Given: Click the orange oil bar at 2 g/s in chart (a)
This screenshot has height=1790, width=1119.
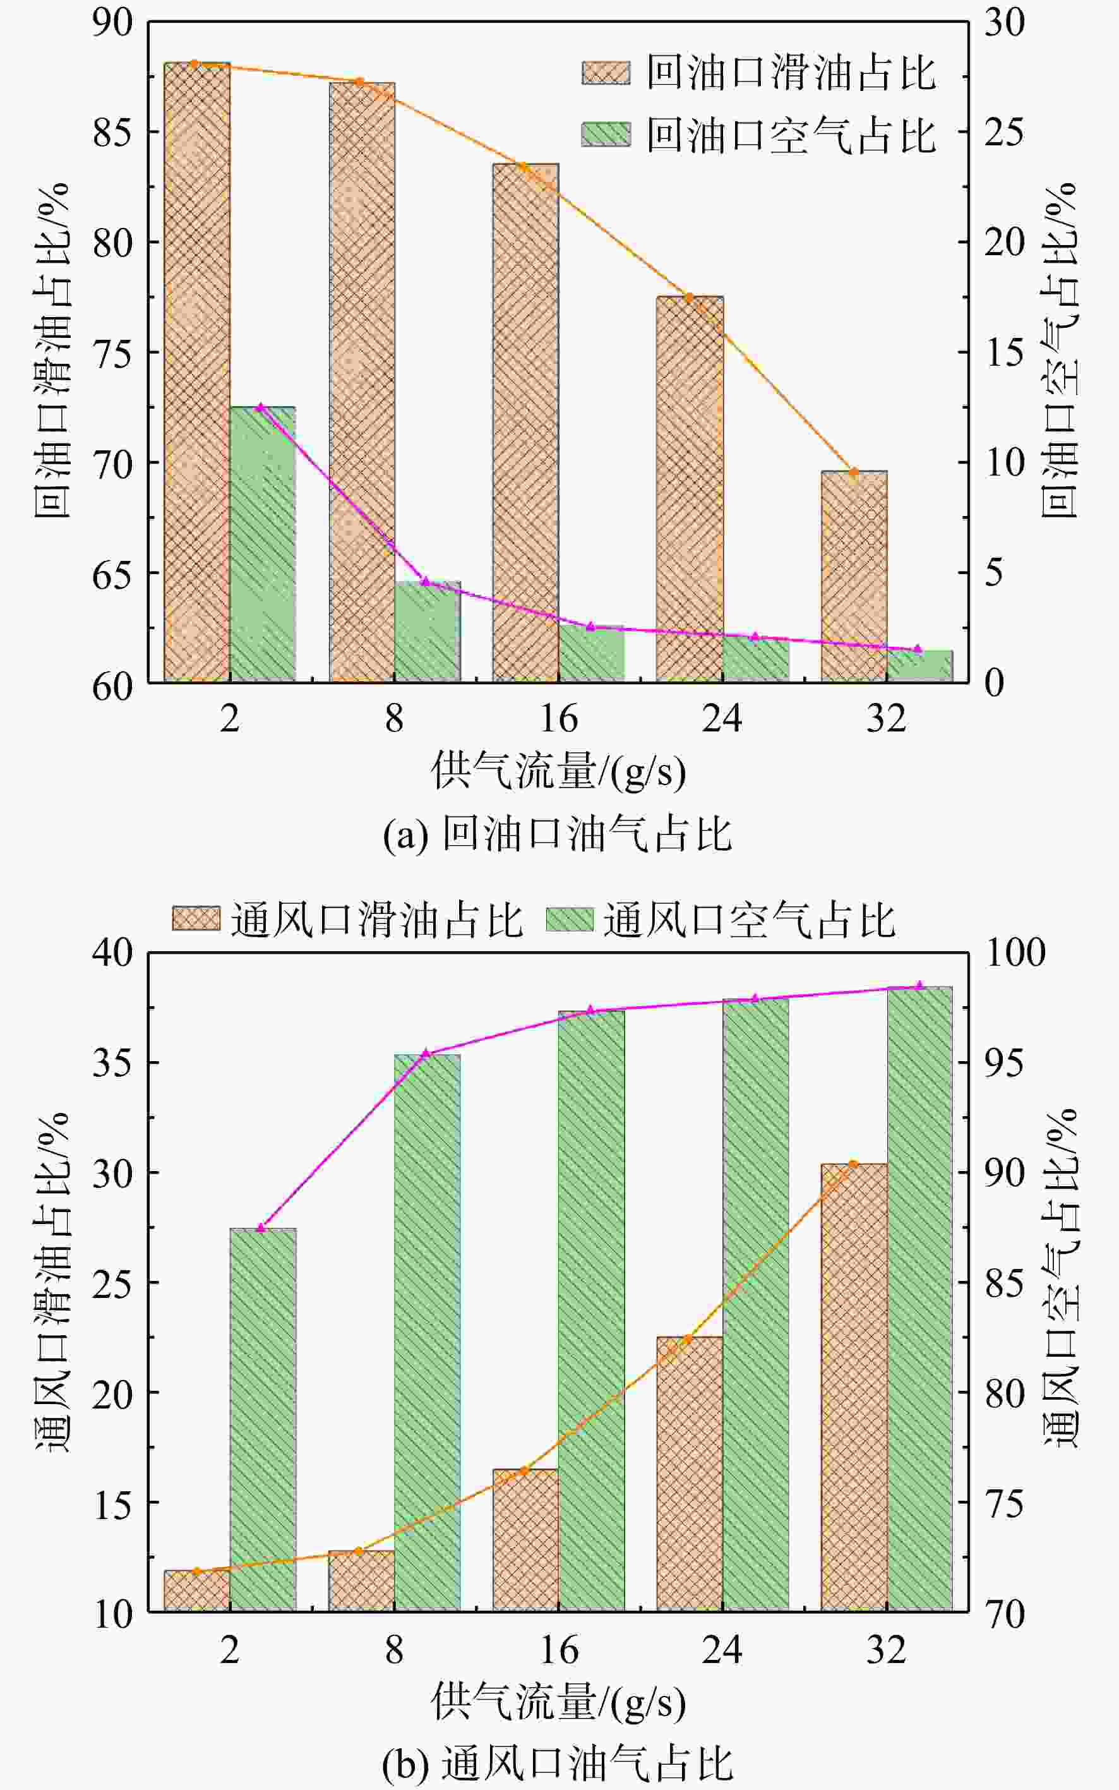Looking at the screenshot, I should pyautogui.click(x=196, y=370).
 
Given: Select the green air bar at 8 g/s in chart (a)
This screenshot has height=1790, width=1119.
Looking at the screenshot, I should pyautogui.click(x=427, y=631).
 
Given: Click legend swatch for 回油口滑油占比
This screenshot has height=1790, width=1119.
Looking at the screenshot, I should pyautogui.click(x=606, y=73).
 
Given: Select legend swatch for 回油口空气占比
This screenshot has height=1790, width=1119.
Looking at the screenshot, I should pyautogui.click(x=606, y=135).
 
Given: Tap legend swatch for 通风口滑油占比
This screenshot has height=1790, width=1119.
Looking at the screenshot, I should pyautogui.click(x=196, y=919).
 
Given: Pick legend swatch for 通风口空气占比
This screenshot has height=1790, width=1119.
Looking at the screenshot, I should pyautogui.click(x=569, y=919).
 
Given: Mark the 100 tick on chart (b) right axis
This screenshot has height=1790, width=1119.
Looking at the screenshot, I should pyautogui.click(x=1014, y=952).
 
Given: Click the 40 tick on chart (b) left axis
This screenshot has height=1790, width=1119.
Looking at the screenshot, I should pyautogui.click(x=112, y=952).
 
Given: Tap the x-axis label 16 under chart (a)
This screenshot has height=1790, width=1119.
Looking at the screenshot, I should pyautogui.click(x=558, y=719).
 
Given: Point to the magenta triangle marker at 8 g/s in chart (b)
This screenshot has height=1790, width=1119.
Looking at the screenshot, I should pyautogui.click(x=426, y=1053).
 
